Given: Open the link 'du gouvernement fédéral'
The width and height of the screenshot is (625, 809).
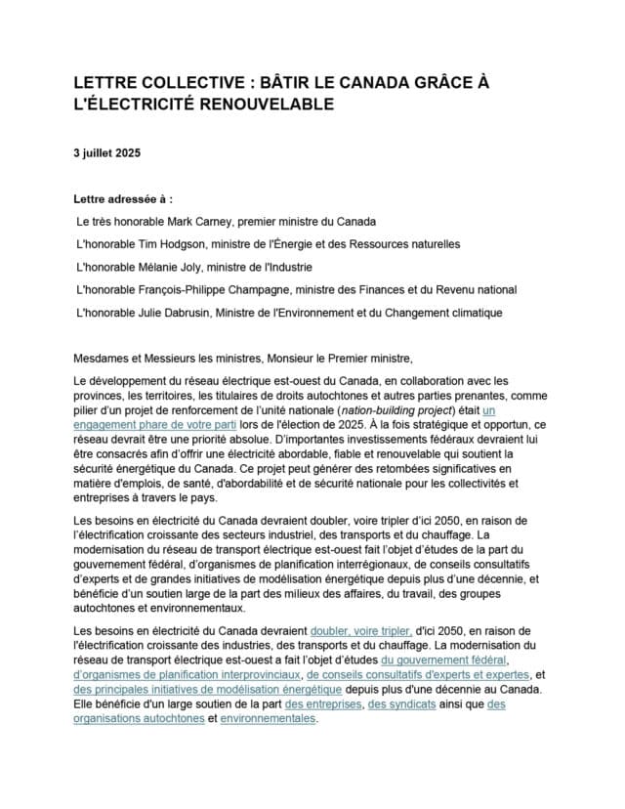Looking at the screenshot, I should point(445,660).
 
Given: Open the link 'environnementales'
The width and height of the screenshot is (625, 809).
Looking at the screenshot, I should point(269,718).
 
